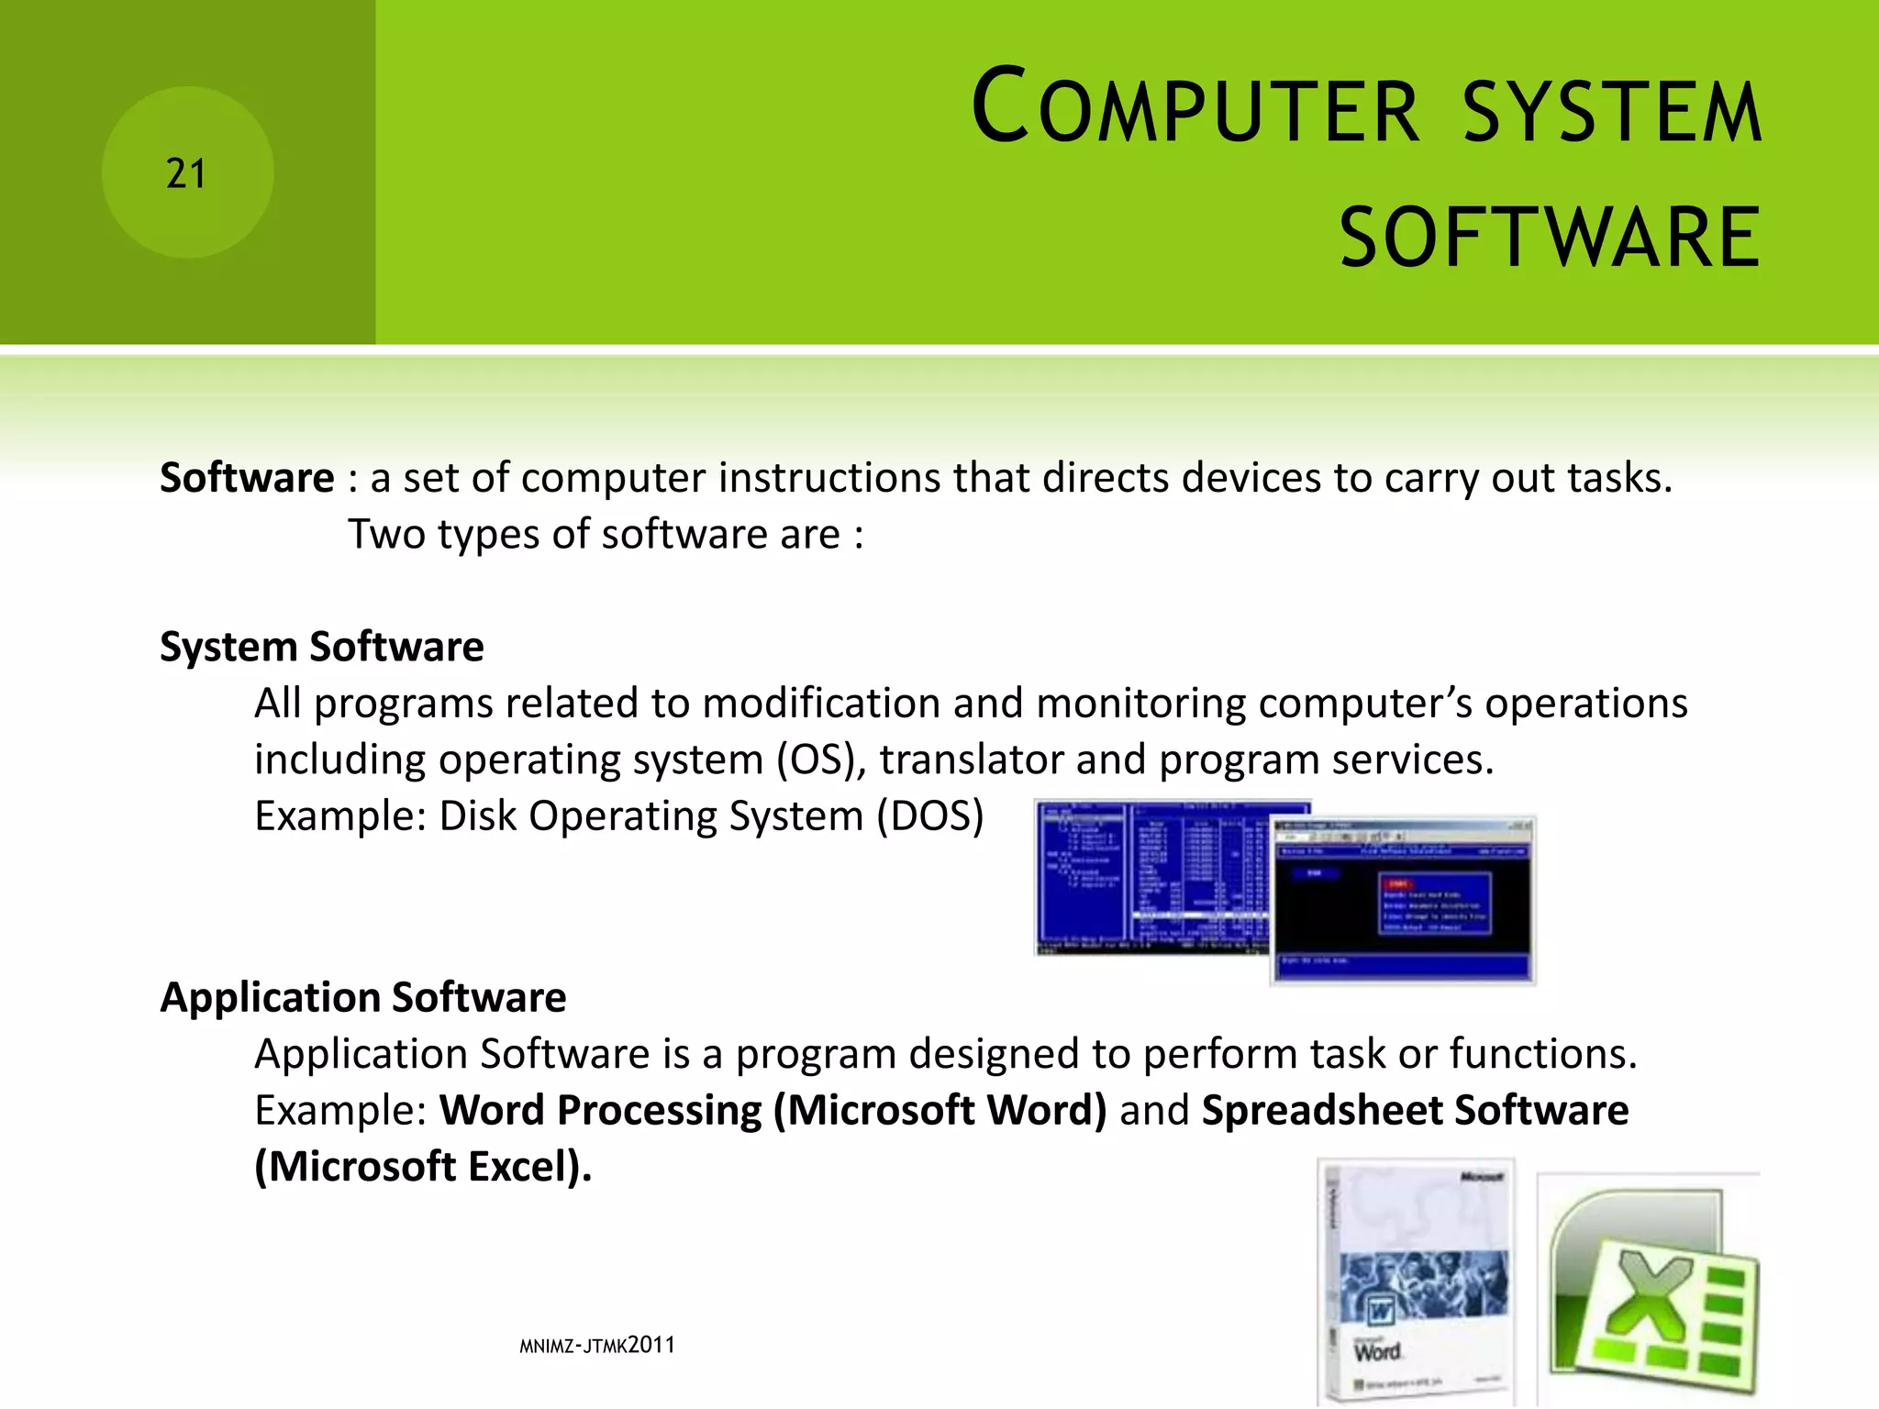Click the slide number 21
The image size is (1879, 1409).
186,173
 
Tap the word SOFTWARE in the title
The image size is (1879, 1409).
1550,238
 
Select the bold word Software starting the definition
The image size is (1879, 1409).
247,478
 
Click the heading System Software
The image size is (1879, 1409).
321,647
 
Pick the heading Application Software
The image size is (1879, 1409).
362,997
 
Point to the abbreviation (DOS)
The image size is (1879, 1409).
929,815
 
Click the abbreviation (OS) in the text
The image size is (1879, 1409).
821,760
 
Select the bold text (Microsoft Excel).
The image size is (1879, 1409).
423,1167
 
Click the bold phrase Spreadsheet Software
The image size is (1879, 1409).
1415,1110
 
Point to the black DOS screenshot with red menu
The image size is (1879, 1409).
1403,899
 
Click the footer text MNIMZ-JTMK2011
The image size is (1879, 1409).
596,1346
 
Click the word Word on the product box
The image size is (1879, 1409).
1377,1350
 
